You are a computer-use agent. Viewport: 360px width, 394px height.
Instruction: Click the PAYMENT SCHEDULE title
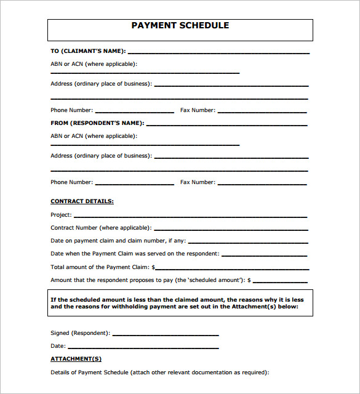tap(180, 26)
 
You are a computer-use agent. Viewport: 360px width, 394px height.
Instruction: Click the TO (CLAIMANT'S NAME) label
tap(88, 51)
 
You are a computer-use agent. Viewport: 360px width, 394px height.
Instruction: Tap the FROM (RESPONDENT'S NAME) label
tap(97, 123)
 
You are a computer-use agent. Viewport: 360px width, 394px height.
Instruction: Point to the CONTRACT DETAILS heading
tap(82, 201)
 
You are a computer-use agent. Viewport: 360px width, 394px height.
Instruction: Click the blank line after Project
tap(190, 217)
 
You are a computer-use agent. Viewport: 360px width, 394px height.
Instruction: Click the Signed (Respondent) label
tap(80, 333)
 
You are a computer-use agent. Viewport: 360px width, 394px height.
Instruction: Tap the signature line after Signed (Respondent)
tap(166, 335)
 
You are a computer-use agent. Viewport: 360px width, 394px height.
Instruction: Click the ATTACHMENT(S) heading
tap(76, 358)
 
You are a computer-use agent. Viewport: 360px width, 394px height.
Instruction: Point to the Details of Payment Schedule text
tap(159, 372)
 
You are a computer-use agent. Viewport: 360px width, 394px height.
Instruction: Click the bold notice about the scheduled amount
tap(180, 303)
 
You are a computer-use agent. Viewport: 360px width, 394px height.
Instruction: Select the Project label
tap(61, 215)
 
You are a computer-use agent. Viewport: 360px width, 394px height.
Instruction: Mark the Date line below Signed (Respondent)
tap(143, 348)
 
